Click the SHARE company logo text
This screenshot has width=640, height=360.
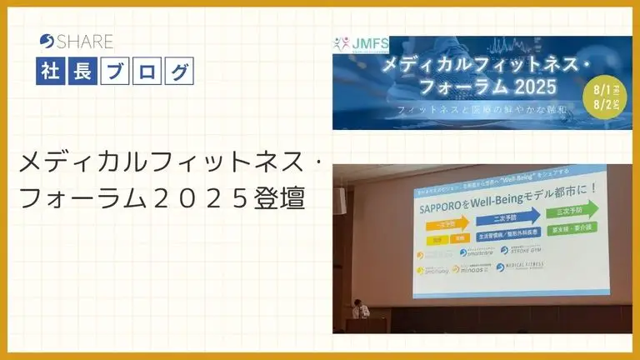tap(77, 41)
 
